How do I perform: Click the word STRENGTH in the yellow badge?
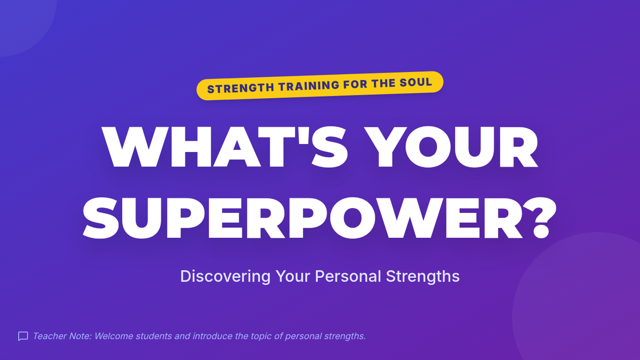241,87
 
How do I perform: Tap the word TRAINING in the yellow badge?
309,86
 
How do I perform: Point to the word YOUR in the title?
451,147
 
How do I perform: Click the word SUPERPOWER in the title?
303,218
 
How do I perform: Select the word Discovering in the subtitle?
225,276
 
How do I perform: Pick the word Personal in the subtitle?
348,276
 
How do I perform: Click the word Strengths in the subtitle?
422,277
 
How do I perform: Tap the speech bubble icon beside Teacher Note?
23,337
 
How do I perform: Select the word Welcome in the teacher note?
114,336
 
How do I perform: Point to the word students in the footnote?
154,336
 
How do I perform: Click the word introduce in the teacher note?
212,336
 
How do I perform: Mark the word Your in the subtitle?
293,276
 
